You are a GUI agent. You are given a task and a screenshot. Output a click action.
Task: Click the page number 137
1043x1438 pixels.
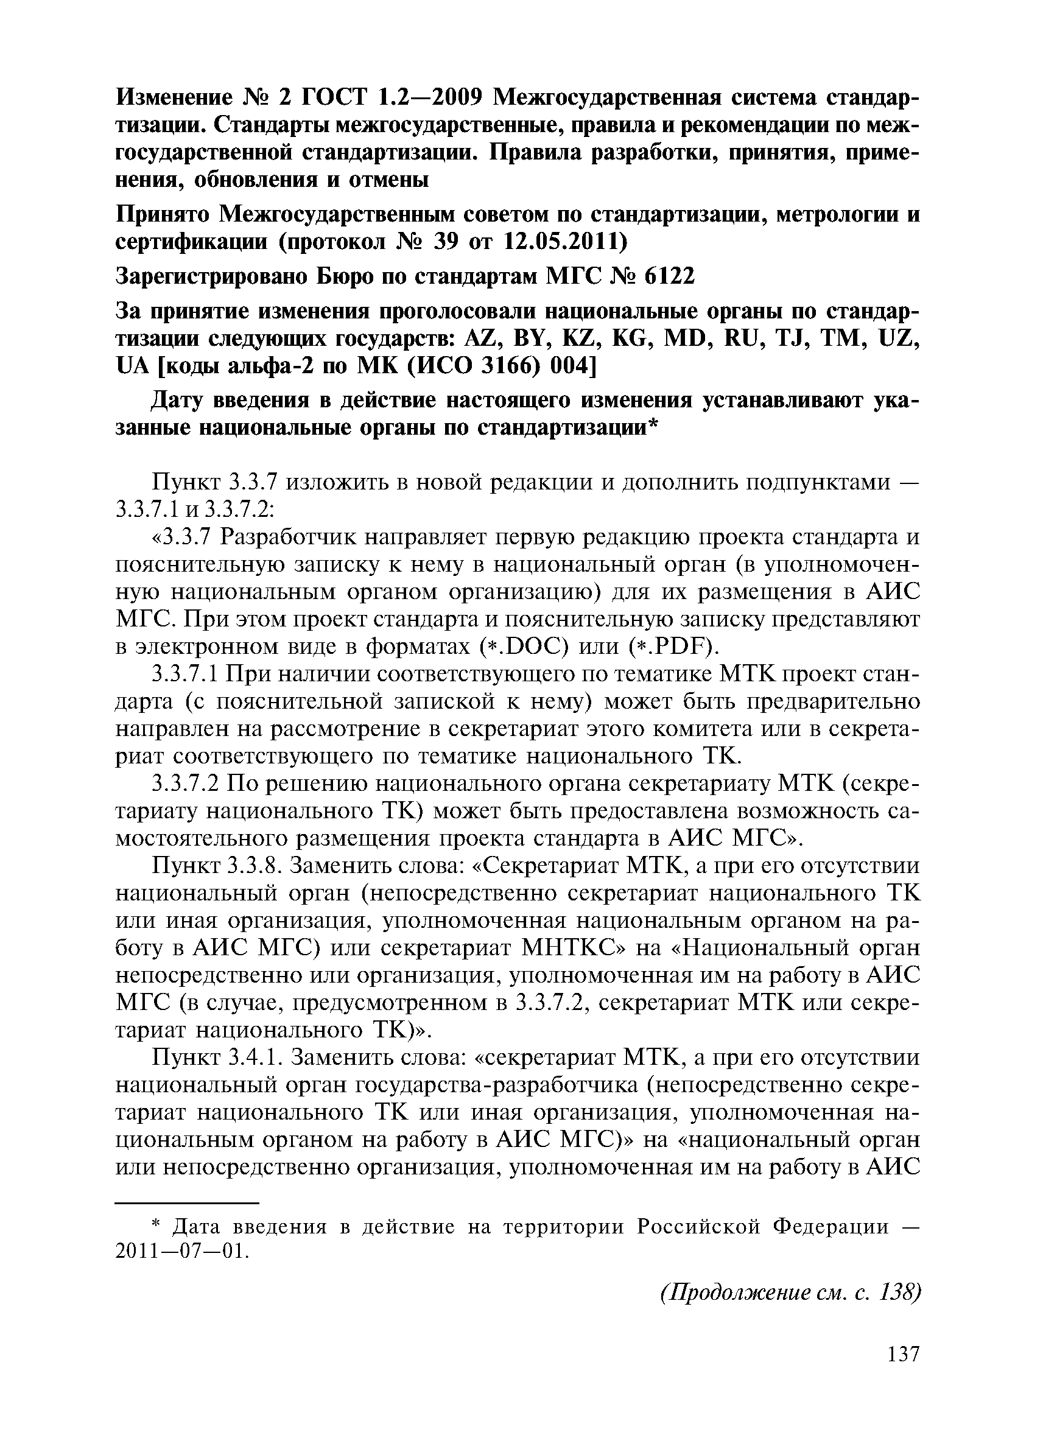pos(902,1372)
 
